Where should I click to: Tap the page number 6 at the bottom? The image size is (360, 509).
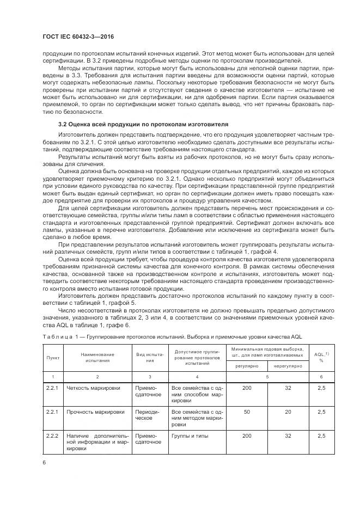pyautogui.click(x=44, y=463)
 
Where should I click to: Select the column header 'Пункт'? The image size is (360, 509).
pyautogui.click(x=52, y=357)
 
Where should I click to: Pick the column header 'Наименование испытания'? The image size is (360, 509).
pyautogui.click(x=97, y=357)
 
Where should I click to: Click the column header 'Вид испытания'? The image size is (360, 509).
pyautogui.click(x=150, y=357)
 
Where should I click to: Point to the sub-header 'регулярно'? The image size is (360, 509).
pyautogui.click(x=246, y=366)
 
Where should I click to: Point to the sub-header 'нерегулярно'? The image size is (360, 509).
pyautogui.click(x=288, y=366)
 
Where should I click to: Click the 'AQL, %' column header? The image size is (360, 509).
pyautogui.click(x=322, y=357)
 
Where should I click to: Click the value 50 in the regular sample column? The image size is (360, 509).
pyautogui.click(x=247, y=412)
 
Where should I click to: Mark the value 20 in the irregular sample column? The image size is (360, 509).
pyautogui.click(x=288, y=412)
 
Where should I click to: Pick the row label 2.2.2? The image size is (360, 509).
pyautogui.click(x=53, y=436)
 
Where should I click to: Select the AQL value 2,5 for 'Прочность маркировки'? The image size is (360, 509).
pyautogui.click(x=322, y=412)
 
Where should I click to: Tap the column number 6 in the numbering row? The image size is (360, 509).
pyautogui.click(x=322, y=377)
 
